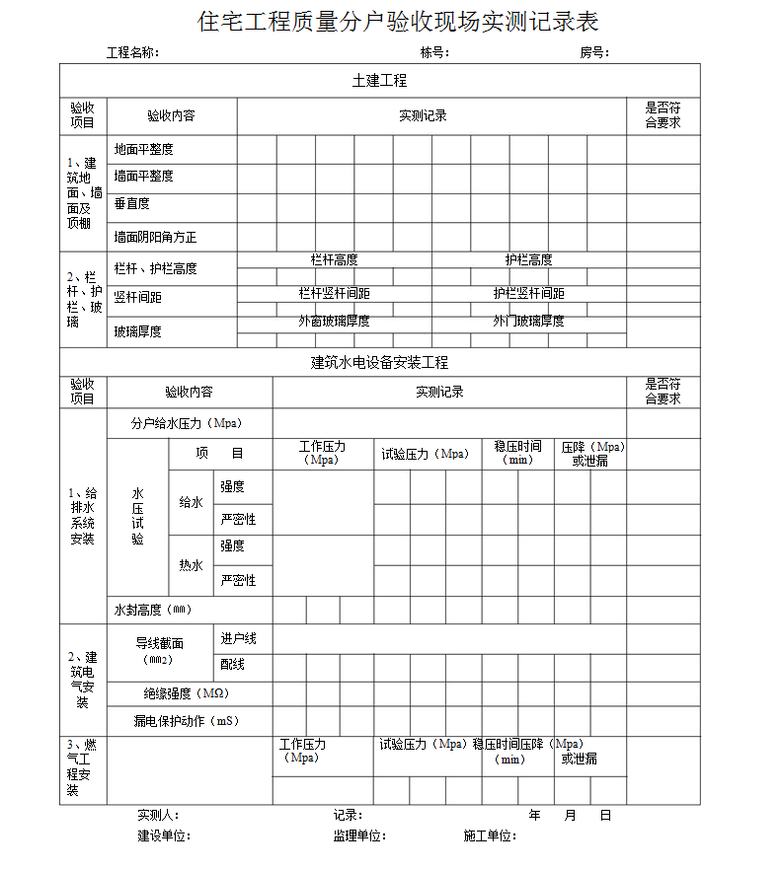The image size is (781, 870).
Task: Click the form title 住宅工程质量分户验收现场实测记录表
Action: (399, 22)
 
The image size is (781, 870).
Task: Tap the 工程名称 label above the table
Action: (132, 53)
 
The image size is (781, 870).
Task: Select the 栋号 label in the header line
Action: (434, 53)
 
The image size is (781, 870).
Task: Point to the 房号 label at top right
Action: (593, 53)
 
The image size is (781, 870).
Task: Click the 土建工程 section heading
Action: (379, 81)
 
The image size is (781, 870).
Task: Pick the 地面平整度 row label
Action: (143, 149)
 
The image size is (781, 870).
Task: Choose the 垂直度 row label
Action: (131, 203)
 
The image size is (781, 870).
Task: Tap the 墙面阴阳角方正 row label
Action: (155, 237)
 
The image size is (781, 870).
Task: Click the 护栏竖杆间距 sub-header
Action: (529, 293)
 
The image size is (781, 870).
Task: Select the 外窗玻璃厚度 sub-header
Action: (334, 322)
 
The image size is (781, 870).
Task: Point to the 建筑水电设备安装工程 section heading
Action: (379, 362)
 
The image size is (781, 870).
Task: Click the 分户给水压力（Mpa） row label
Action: (187, 423)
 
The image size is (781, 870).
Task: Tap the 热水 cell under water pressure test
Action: (191, 565)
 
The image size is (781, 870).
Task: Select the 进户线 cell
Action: (238, 639)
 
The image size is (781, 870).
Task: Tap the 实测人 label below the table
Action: (158, 816)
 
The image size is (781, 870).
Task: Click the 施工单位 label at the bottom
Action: (490, 836)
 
